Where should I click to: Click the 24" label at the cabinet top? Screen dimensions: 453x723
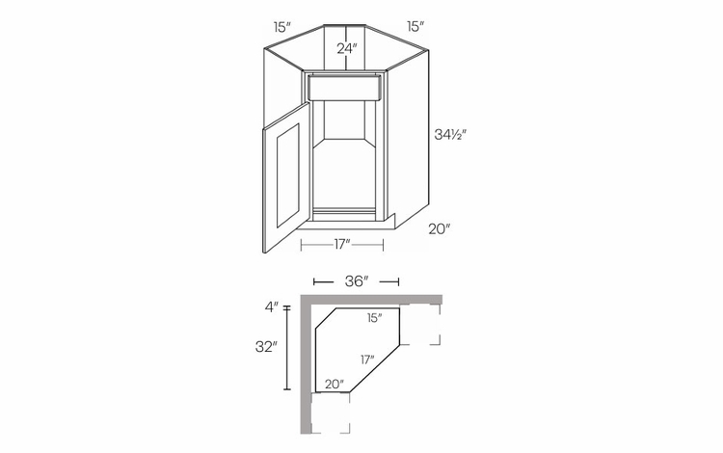click(x=347, y=47)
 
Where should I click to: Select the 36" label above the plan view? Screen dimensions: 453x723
click(x=356, y=281)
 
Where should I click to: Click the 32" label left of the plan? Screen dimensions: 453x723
click(x=267, y=346)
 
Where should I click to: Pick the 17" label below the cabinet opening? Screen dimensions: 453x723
click(x=342, y=245)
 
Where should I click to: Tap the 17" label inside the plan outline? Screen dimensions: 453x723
click(x=368, y=359)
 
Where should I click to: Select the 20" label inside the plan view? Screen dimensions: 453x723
click(x=334, y=384)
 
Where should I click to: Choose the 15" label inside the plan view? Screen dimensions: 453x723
click(x=375, y=316)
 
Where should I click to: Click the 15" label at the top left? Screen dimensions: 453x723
click(x=281, y=26)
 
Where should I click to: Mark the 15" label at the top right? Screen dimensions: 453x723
click(x=415, y=26)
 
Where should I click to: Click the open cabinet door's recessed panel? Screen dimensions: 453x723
click(x=285, y=179)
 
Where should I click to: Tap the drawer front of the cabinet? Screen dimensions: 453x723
click(x=344, y=89)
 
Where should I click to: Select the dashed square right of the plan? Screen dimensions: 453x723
click(x=421, y=325)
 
